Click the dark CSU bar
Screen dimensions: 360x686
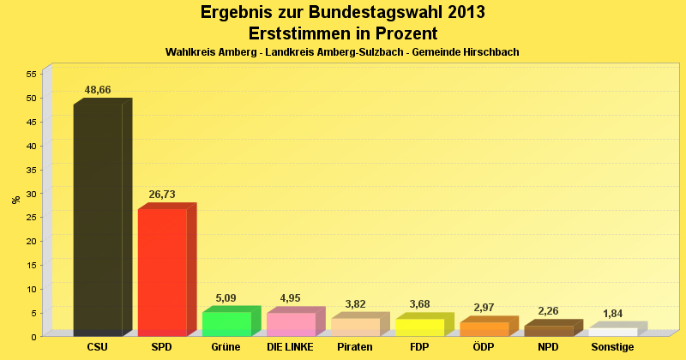point(98,219)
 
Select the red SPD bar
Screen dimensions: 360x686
point(162,272)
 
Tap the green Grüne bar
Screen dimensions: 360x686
point(226,324)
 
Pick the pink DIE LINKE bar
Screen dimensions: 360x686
point(291,324)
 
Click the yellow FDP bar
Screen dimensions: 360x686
point(419,327)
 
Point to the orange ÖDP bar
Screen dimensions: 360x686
point(484,328)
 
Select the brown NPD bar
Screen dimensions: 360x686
point(548,330)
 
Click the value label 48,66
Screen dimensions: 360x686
point(98,90)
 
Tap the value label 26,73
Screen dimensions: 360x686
point(162,195)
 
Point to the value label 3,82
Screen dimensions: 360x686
point(355,304)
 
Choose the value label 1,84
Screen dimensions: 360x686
point(612,314)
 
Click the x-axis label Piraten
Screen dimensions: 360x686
point(355,347)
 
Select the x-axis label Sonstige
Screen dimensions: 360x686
point(612,347)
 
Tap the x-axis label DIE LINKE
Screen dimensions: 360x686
point(291,347)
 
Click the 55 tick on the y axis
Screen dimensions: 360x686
point(30,74)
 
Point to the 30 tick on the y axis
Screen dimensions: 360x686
point(30,193)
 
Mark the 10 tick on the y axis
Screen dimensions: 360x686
point(30,289)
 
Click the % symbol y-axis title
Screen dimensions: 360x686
point(15,200)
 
